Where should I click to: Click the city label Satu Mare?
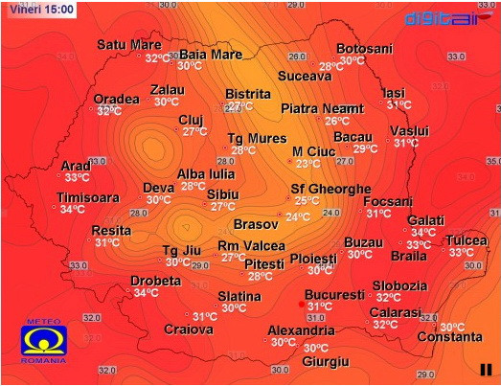(129, 45)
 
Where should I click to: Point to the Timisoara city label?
(88, 197)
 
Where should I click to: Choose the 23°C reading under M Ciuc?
(307, 164)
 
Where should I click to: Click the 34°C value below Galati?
(423, 232)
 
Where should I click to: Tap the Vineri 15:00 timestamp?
(36, 8)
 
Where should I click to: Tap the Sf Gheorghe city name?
(330, 189)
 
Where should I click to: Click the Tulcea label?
(467, 238)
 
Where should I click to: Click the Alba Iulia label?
(205, 174)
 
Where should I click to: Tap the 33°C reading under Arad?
(78, 177)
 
